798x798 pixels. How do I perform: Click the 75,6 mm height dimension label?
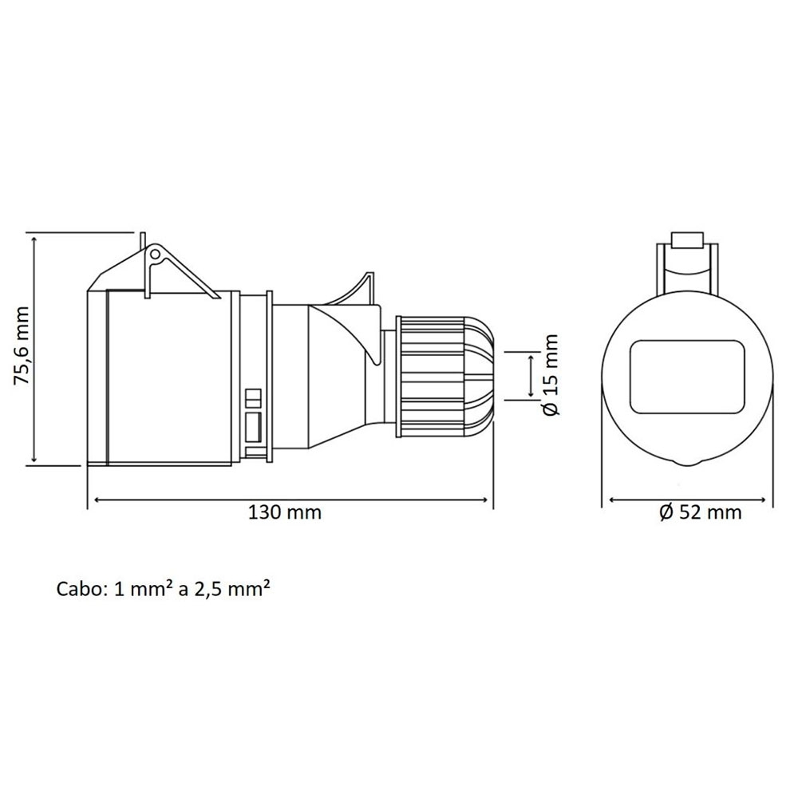click(x=22, y=346)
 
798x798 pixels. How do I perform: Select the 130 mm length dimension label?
click(x=285, y=512)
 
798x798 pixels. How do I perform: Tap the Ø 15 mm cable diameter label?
click(x=551, y=375)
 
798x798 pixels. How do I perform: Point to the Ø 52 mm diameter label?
click(x=701, y=512)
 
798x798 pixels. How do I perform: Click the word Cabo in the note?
click(x=80, y=590)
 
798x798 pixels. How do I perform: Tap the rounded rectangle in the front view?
click(x=687, y=377)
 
